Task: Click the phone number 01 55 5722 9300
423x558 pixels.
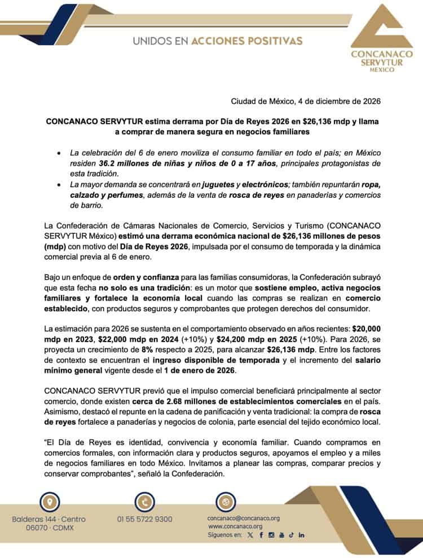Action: point(145,519)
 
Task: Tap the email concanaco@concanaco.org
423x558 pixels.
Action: point(244,518)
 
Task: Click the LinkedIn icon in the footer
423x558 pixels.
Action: point(302,534)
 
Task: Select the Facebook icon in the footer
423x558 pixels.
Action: point(261,534)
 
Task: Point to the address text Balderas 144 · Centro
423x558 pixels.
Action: point(50,519)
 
